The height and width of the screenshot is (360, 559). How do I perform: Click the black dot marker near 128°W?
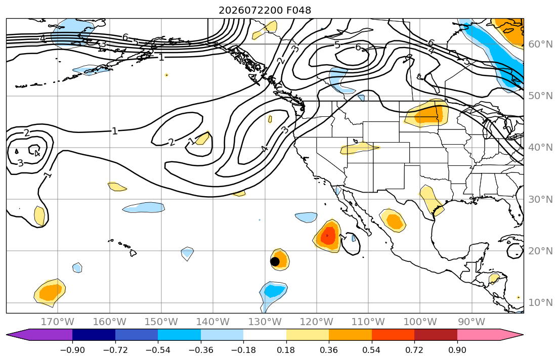coord(275,261)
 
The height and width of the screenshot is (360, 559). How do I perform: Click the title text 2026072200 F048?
coord(265,10)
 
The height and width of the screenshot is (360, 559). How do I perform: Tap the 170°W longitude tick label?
coord(58,322)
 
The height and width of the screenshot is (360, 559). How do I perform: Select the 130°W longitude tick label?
coord(265,322)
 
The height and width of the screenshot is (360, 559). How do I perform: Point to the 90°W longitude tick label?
coord(472,322)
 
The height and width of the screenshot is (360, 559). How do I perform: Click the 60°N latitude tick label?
coord(540,44)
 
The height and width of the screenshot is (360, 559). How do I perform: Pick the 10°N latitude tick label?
coord(540,303)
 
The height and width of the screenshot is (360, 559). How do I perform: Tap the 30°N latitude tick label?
coord(540,199)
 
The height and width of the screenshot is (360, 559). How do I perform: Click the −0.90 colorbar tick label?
coord(72,350)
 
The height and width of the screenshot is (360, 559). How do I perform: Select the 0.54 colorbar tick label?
coord(371,350)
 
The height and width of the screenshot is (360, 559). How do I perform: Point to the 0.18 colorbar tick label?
coord(286,350)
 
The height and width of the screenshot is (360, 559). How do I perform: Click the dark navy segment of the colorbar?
coord(94,335)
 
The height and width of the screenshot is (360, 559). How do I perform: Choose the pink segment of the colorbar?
coord(479,335)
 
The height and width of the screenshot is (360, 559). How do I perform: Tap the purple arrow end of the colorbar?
coord(39,335)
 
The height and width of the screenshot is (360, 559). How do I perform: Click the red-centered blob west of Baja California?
coord(327,236)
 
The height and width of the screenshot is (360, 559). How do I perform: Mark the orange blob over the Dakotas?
coord(427,112)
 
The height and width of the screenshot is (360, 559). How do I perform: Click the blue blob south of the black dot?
coord(272,292)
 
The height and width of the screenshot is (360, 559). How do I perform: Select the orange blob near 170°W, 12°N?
coord(50,292)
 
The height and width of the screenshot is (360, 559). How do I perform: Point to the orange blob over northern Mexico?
coord(392,220)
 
